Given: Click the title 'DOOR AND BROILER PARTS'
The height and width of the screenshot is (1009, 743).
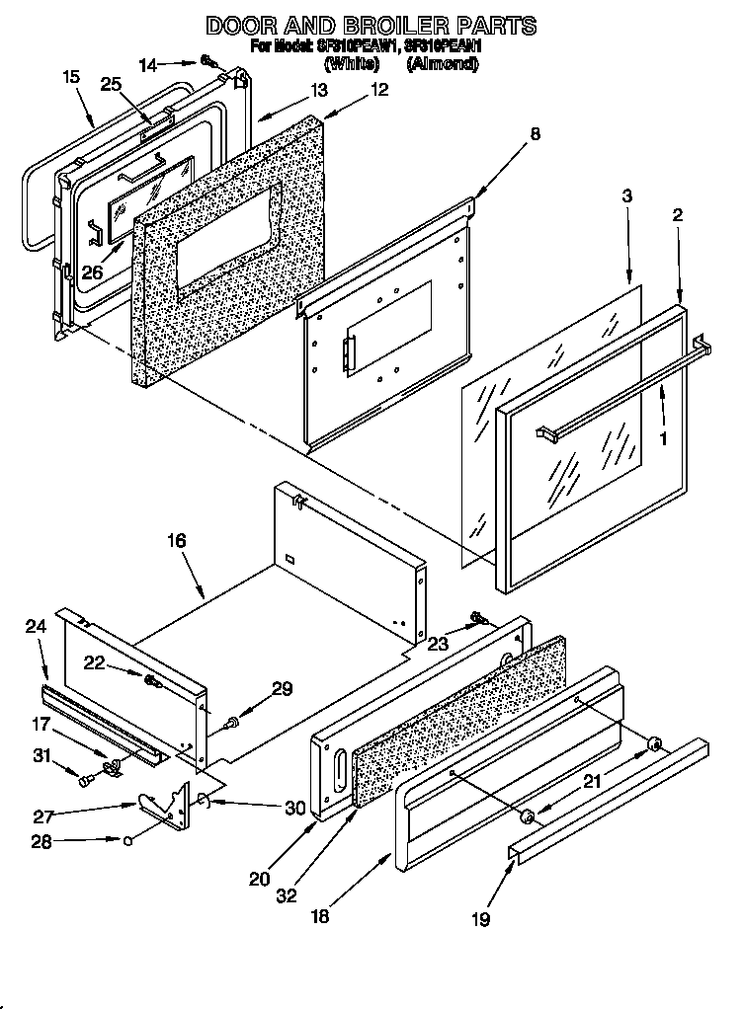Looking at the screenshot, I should [371, 24].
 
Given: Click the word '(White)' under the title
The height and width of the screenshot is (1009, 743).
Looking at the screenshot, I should [352, 63].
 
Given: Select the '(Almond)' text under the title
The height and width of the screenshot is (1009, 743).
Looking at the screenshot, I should [443, 63].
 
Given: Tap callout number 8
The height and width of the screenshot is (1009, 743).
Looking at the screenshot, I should [535, 136].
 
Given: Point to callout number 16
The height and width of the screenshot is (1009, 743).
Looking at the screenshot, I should [176, 541].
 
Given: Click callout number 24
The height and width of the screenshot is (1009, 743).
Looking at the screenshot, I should [36, 625].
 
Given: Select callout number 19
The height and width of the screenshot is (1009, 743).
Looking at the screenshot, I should [480, 919].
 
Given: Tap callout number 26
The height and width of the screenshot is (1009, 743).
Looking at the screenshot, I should [91, 272].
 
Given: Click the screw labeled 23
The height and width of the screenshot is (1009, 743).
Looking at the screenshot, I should [478, 618].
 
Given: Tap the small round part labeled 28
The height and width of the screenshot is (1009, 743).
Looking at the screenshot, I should [129, 841].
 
